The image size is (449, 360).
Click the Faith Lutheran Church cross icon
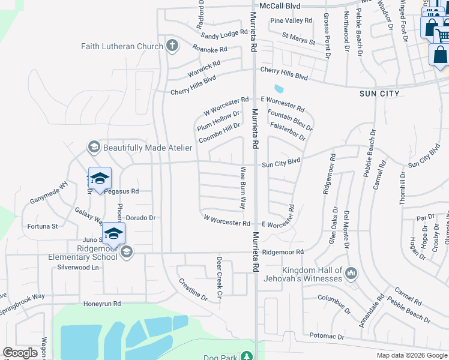point(172,46)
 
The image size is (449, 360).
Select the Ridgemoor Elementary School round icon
point(125,253)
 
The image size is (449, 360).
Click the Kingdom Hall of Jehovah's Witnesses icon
point(352,274)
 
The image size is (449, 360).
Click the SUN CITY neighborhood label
point(379,94)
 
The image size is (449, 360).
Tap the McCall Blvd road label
point(280,6)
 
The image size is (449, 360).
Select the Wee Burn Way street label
point(244,187)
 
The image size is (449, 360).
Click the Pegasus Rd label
point(121,191)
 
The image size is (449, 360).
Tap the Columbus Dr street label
point(334,303)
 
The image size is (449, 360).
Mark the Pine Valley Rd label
point(291,20)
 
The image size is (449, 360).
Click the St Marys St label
point(298,40)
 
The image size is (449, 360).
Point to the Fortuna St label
point(42,226)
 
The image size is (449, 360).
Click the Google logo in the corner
point(20,353)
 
